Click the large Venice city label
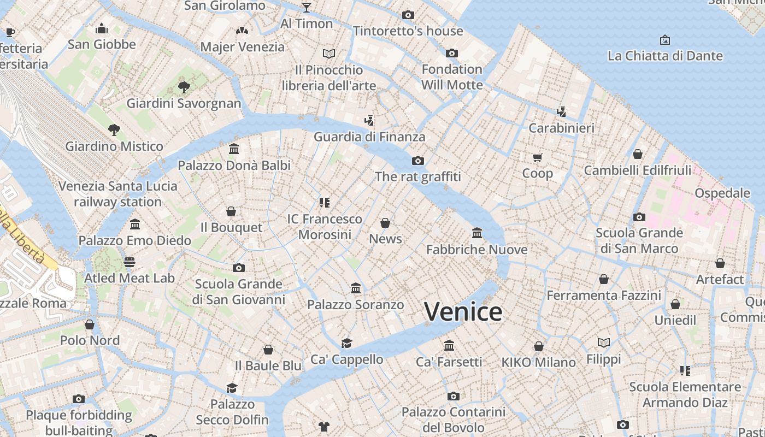coord(463,312)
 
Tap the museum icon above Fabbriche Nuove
coord(477,233)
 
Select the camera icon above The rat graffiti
coord(418,161)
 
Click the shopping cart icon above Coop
coord(538,157)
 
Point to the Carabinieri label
coord(561,128)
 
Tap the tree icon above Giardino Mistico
coord(114,130)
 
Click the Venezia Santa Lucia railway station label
coord(118,194)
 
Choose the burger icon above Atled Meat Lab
coord(130,262)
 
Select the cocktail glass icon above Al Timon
coord(307,7)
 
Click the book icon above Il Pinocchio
coord(328,54)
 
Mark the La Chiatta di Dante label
coord(665,56)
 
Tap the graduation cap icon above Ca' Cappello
coord(346,343)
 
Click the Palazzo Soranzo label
coord(356,304)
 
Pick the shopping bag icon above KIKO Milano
coord(539,346)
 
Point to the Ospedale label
coord(722,193)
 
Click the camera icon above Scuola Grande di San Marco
coord(639,217)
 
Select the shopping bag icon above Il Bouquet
coord(231,211)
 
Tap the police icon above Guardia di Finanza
coord(369,121)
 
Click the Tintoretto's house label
coord(408,31)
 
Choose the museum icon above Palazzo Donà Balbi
coord(234,149)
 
